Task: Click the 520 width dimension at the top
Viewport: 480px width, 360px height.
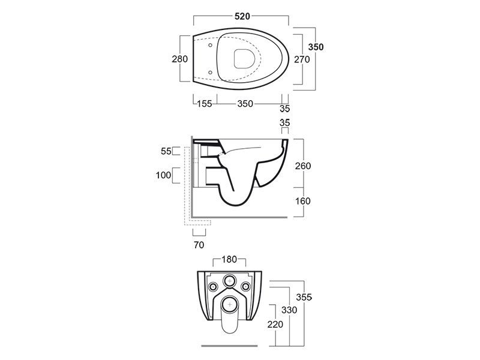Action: (x=242, y=16)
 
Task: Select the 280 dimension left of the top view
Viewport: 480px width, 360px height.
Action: (x=179, y=59)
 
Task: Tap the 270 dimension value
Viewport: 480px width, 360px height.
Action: (x=302, y=59)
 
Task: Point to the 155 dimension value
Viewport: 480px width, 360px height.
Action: (x=204, y=104)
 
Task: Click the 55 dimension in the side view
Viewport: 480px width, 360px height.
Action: (x=166, y=151)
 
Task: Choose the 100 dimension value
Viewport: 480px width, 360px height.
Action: (x=163, y=175)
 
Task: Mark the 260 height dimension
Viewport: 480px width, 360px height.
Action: (x=303, y=166)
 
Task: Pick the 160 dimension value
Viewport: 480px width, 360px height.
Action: (x=303, y=201)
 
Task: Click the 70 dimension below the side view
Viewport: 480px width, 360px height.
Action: (x=199, y=245)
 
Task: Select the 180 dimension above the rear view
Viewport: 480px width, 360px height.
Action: (x=229, y=260)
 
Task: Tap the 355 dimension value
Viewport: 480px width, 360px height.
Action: (x=304, y=297)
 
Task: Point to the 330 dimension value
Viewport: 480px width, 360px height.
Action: (x=289, y=310)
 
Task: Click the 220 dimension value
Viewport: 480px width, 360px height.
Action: (x=275, y=324)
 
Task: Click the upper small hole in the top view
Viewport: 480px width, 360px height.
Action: (x=211, y=46)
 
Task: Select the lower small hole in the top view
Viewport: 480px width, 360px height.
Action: (x=211, y=72)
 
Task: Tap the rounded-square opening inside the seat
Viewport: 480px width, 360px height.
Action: (x=245, y=58)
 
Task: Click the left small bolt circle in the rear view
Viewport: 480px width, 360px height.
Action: (x=212, y=287)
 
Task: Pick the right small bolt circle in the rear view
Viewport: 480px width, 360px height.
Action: (x=245, y=287)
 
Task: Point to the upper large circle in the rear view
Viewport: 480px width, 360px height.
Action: (x=229, y=281)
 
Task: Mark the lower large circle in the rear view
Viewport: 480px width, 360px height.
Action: (x=229, y=305)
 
